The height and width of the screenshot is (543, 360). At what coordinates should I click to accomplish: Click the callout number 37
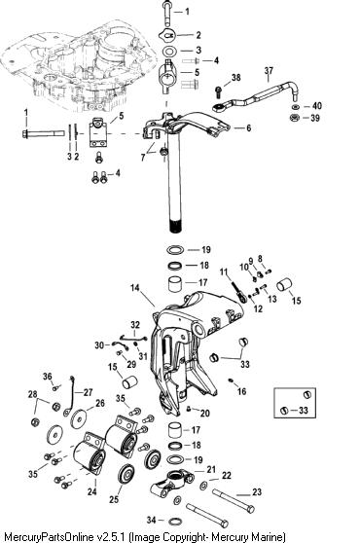pyautogui.click(x=269, y=71)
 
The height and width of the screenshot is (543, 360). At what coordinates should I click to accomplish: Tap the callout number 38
pyautogui.click(x=235, y=78)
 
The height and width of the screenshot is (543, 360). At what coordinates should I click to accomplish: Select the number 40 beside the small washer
pyautogui.click(x=317, y=106)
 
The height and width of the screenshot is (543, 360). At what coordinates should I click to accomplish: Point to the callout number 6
pyautogui.click(x=248, y=128)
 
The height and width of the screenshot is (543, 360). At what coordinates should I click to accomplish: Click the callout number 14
pyautogui.click(x=135, y=288)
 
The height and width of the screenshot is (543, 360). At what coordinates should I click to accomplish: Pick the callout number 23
pyautogui.click(x=257, y=492)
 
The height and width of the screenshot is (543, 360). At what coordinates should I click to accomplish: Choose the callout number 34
pyautogui.click(x=152, y=520)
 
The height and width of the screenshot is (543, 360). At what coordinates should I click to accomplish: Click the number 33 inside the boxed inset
pyautogui.click(x=303, y=411)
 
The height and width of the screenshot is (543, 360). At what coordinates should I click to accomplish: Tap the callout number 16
pyautogui.click(x=241, y=391)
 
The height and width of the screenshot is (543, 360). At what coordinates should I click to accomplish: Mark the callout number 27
pyautogui.click(x=88, y=392)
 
